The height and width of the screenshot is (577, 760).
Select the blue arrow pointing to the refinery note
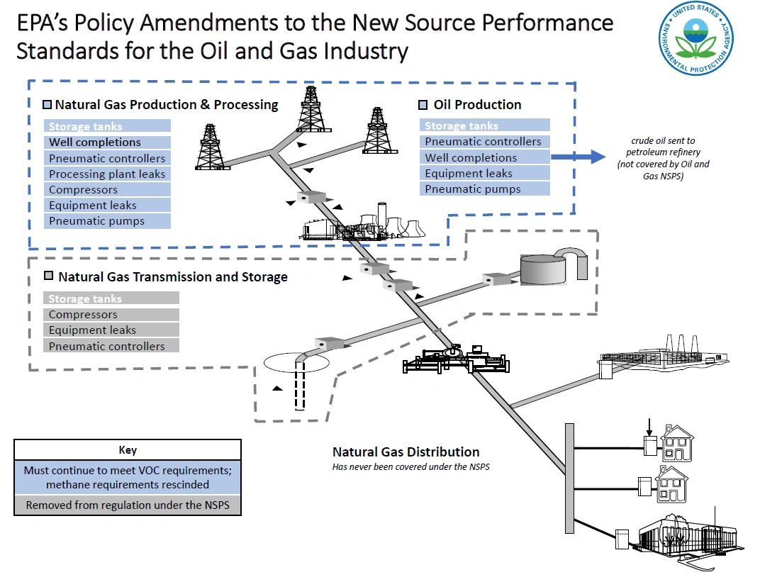coord(578,157)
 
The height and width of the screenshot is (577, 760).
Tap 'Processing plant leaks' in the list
coord(107,174)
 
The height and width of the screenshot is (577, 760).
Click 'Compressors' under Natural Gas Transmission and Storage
coord(83,315)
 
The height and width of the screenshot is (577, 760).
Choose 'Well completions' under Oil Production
coord(471,157)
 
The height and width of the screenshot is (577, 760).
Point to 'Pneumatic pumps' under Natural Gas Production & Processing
coord(97,221)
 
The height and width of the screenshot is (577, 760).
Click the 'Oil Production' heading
coord(477,105)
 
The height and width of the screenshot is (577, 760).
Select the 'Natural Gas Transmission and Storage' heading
coord(172,276)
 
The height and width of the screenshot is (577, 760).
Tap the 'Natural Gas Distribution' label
coord(406,452)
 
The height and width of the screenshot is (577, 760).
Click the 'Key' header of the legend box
coord(128,450)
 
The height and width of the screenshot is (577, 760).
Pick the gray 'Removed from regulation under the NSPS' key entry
coord(128,505)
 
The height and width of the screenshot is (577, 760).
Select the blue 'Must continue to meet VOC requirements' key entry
coord(128,478)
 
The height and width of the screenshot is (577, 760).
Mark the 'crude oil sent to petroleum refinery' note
coord(664,157)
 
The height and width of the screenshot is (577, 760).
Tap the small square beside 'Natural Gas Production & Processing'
coord(47,105)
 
